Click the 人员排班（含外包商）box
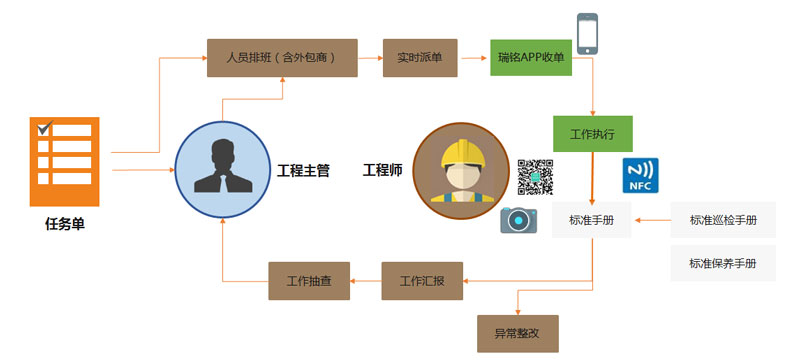click(282, 58)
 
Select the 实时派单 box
click(420, 58)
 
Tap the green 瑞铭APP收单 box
click(531, 58)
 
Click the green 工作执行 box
click(593, 134)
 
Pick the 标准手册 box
click(592, 220)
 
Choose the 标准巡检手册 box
click(723, 220)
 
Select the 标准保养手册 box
click(723, 264)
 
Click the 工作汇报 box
click(422, 281)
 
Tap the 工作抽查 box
click(309, 281)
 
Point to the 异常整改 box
click(518, 334)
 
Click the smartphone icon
click(587, 34)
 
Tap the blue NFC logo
click(640, 175)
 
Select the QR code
click(536, 177)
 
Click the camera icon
click(519, 220)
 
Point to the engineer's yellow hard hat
click(461, 153)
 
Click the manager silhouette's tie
click(223, 182)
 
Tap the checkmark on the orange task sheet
click(45, 127)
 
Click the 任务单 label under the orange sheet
click(65, 224)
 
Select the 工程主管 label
click(304, 170)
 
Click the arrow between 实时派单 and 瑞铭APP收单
click(474, 58)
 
